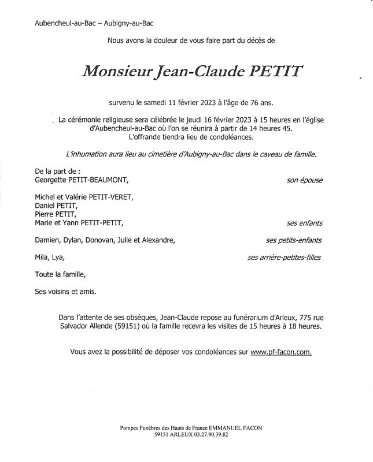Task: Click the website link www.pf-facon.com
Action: (x=281, y=352)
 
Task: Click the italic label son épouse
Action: (x=304, y=180)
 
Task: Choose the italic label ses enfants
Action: (x=304, y=223)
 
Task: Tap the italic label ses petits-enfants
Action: (x=294, y=240)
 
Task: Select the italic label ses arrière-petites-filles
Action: (x=284, y=258)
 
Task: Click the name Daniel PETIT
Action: (x=56, y=206)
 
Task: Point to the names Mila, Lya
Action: (x=50, y=258)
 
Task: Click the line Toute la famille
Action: (x=60, y=274)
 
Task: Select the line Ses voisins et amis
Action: (x=65, y=292)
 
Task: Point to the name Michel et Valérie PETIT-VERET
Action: (x=84, y=197)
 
